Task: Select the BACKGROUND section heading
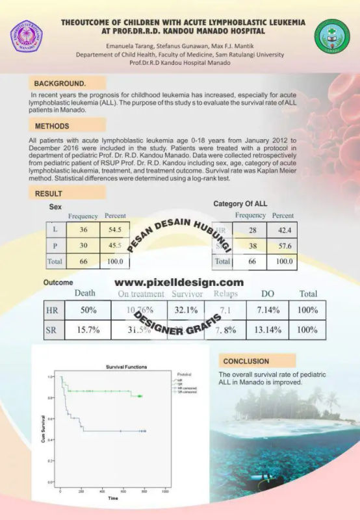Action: click(60, 84)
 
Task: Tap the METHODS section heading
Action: click(53, 125)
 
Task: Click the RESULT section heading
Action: click(49, 193)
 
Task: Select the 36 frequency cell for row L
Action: click(83, 231)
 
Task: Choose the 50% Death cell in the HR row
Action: click(89, 311)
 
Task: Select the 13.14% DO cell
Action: click(267, 330)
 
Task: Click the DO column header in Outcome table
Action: click(267, 294)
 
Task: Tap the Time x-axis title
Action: click(113, 499)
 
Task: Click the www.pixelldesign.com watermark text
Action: click(179, 283)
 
